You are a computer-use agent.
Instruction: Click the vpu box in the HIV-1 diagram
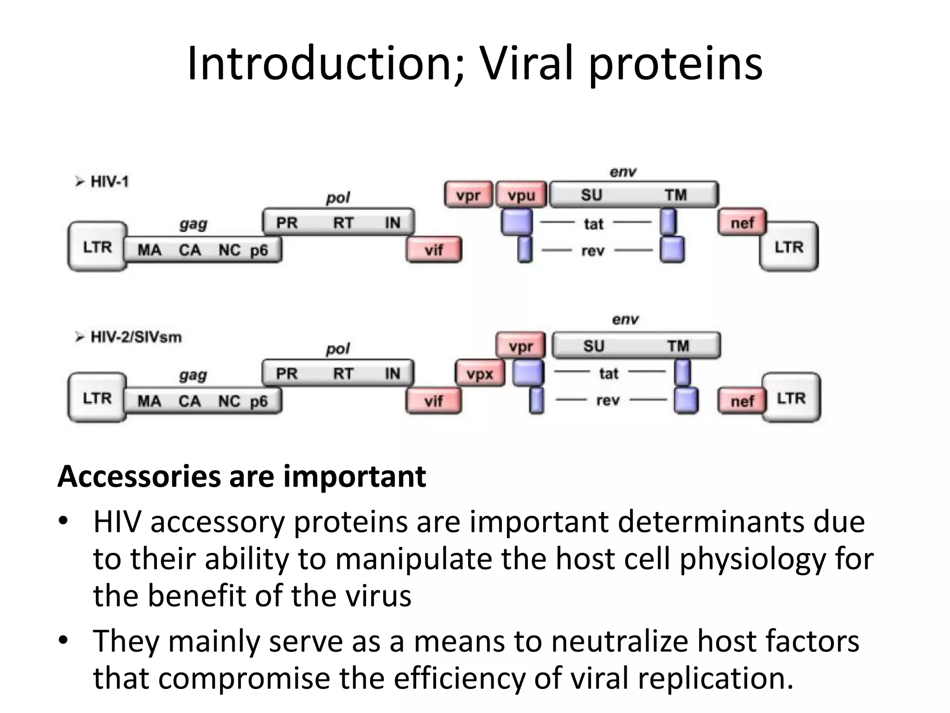pos(521,195)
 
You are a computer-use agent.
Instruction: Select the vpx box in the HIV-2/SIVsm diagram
pos(480,373)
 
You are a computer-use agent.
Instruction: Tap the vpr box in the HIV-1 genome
pos(468,195)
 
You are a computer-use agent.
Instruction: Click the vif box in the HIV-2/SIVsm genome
pos(434,401)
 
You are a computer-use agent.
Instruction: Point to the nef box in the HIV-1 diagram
pos(742,223)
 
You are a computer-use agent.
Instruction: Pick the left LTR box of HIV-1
pos(97,246)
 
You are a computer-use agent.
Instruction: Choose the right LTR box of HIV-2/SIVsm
pos(791,398)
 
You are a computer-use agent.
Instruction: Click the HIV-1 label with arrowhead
pos(103,181)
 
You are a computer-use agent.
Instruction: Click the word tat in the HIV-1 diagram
pos(593,224)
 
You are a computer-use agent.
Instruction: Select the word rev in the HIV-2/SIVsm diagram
pos(608,400)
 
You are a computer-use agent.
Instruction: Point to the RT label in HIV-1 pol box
pos(343,223)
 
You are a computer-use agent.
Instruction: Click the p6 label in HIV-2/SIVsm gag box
pos(259,401)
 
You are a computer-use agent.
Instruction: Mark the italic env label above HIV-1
pos(623,172)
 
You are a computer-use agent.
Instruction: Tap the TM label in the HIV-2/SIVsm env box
pos(678,346)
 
